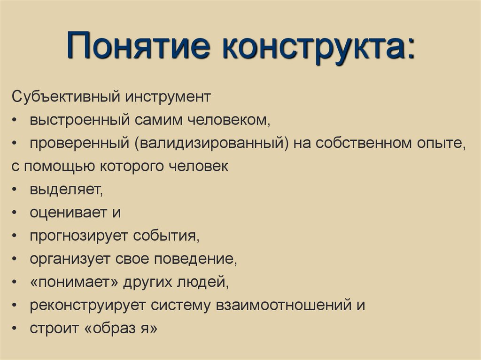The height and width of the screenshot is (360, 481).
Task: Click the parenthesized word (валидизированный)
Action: [212, 144]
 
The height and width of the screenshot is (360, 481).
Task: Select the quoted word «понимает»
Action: [73, 282]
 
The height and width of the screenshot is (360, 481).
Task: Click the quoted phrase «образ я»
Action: [122, 328]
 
